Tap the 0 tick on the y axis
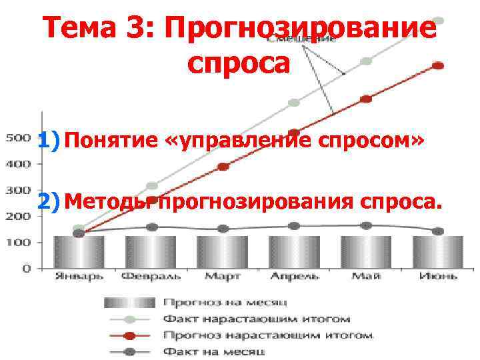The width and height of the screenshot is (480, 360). (26, 269)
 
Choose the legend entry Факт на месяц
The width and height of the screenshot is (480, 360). (214, 351)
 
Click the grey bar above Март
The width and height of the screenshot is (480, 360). (222, 252)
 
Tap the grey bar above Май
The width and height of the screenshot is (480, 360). (366, 252)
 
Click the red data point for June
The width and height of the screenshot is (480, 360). (438, 65)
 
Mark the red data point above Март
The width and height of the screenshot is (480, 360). (223, 167)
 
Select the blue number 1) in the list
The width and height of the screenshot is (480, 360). (49, 141)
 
